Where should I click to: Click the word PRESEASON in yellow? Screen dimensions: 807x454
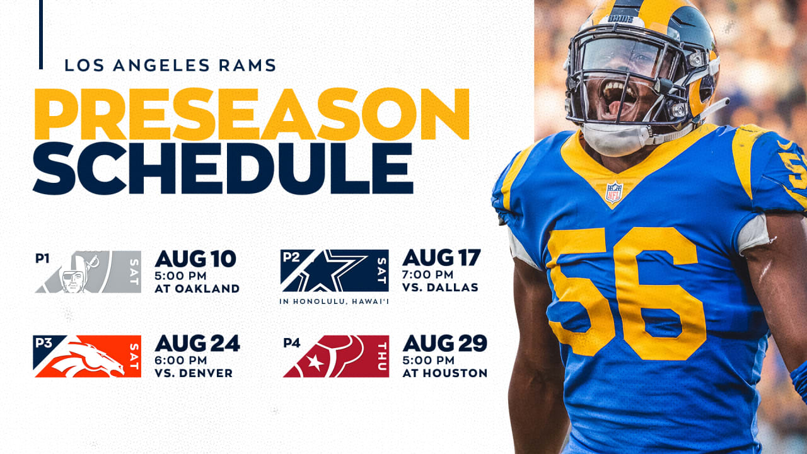(x=252, y=114)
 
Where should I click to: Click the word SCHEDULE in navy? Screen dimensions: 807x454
(x=223, y=168)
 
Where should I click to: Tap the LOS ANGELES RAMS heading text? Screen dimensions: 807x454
(x=170, y=65)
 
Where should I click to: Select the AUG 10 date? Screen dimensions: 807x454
(x=195, y=259)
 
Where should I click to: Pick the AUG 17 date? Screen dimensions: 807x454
(x=441, y=257)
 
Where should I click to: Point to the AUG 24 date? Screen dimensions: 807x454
(x=197, y=343)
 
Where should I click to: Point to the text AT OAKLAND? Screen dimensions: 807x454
(x=197, y=289)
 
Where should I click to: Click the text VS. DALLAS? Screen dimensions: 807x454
(x=440, y=287)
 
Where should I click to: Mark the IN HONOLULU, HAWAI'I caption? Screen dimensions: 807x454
(x=334, y=301)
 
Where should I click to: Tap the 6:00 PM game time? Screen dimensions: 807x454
(x=181, y=360)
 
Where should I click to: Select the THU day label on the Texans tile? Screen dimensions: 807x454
(x=381, y=356)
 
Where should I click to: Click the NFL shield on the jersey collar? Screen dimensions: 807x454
(x=614, y=192)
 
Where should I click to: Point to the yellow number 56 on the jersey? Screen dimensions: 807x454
(x=627, y=294)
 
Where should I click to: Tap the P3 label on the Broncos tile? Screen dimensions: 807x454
(x=44, y=342)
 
